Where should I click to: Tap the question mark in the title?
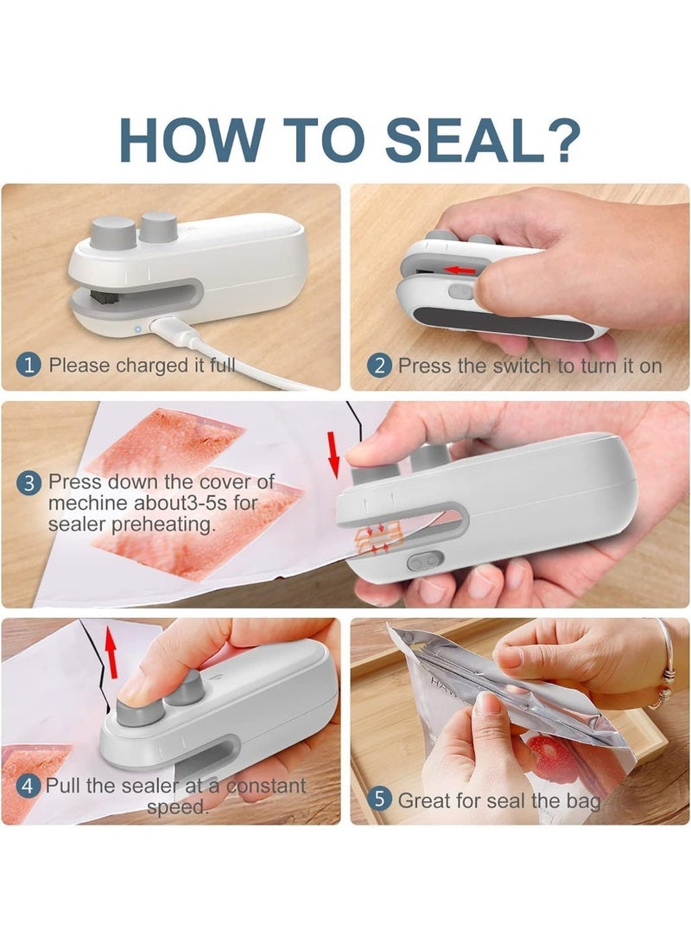click(561, 139)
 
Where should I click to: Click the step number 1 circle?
click(29, 365)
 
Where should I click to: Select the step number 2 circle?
click(380, 366)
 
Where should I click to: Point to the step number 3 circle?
click(29, 483)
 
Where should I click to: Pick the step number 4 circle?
click(28, 786)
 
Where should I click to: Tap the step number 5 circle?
click(380, 800)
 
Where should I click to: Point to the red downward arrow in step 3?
click(334, 454)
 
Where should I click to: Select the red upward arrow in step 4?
click(111, 652)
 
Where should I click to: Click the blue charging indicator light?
click(137, 329)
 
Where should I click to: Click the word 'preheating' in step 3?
click(163, 525)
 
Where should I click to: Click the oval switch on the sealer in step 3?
click(426, 561)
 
